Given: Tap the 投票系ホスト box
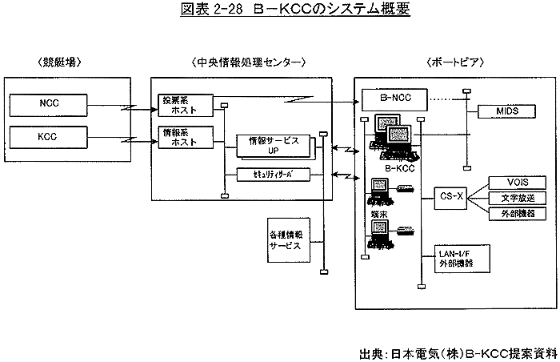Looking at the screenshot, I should coord(185,105).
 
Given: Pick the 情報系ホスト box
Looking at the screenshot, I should coord(185,135).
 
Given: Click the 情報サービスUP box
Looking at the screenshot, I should coord(272,145).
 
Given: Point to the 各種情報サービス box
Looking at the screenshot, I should coord(286,241).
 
